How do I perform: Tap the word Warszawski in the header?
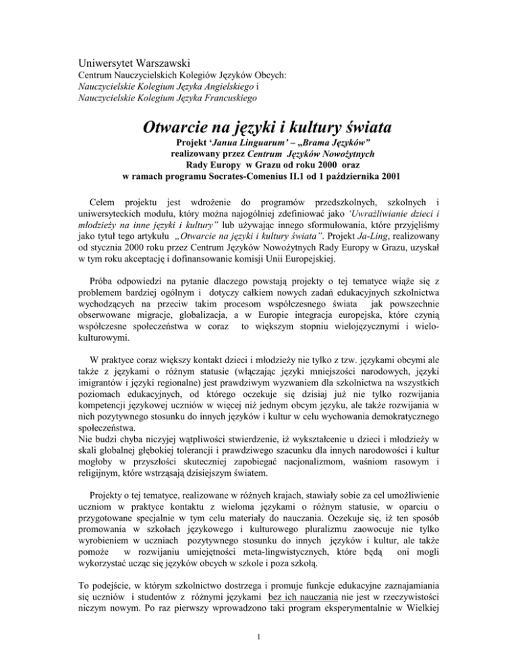(x=170, y=66)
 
